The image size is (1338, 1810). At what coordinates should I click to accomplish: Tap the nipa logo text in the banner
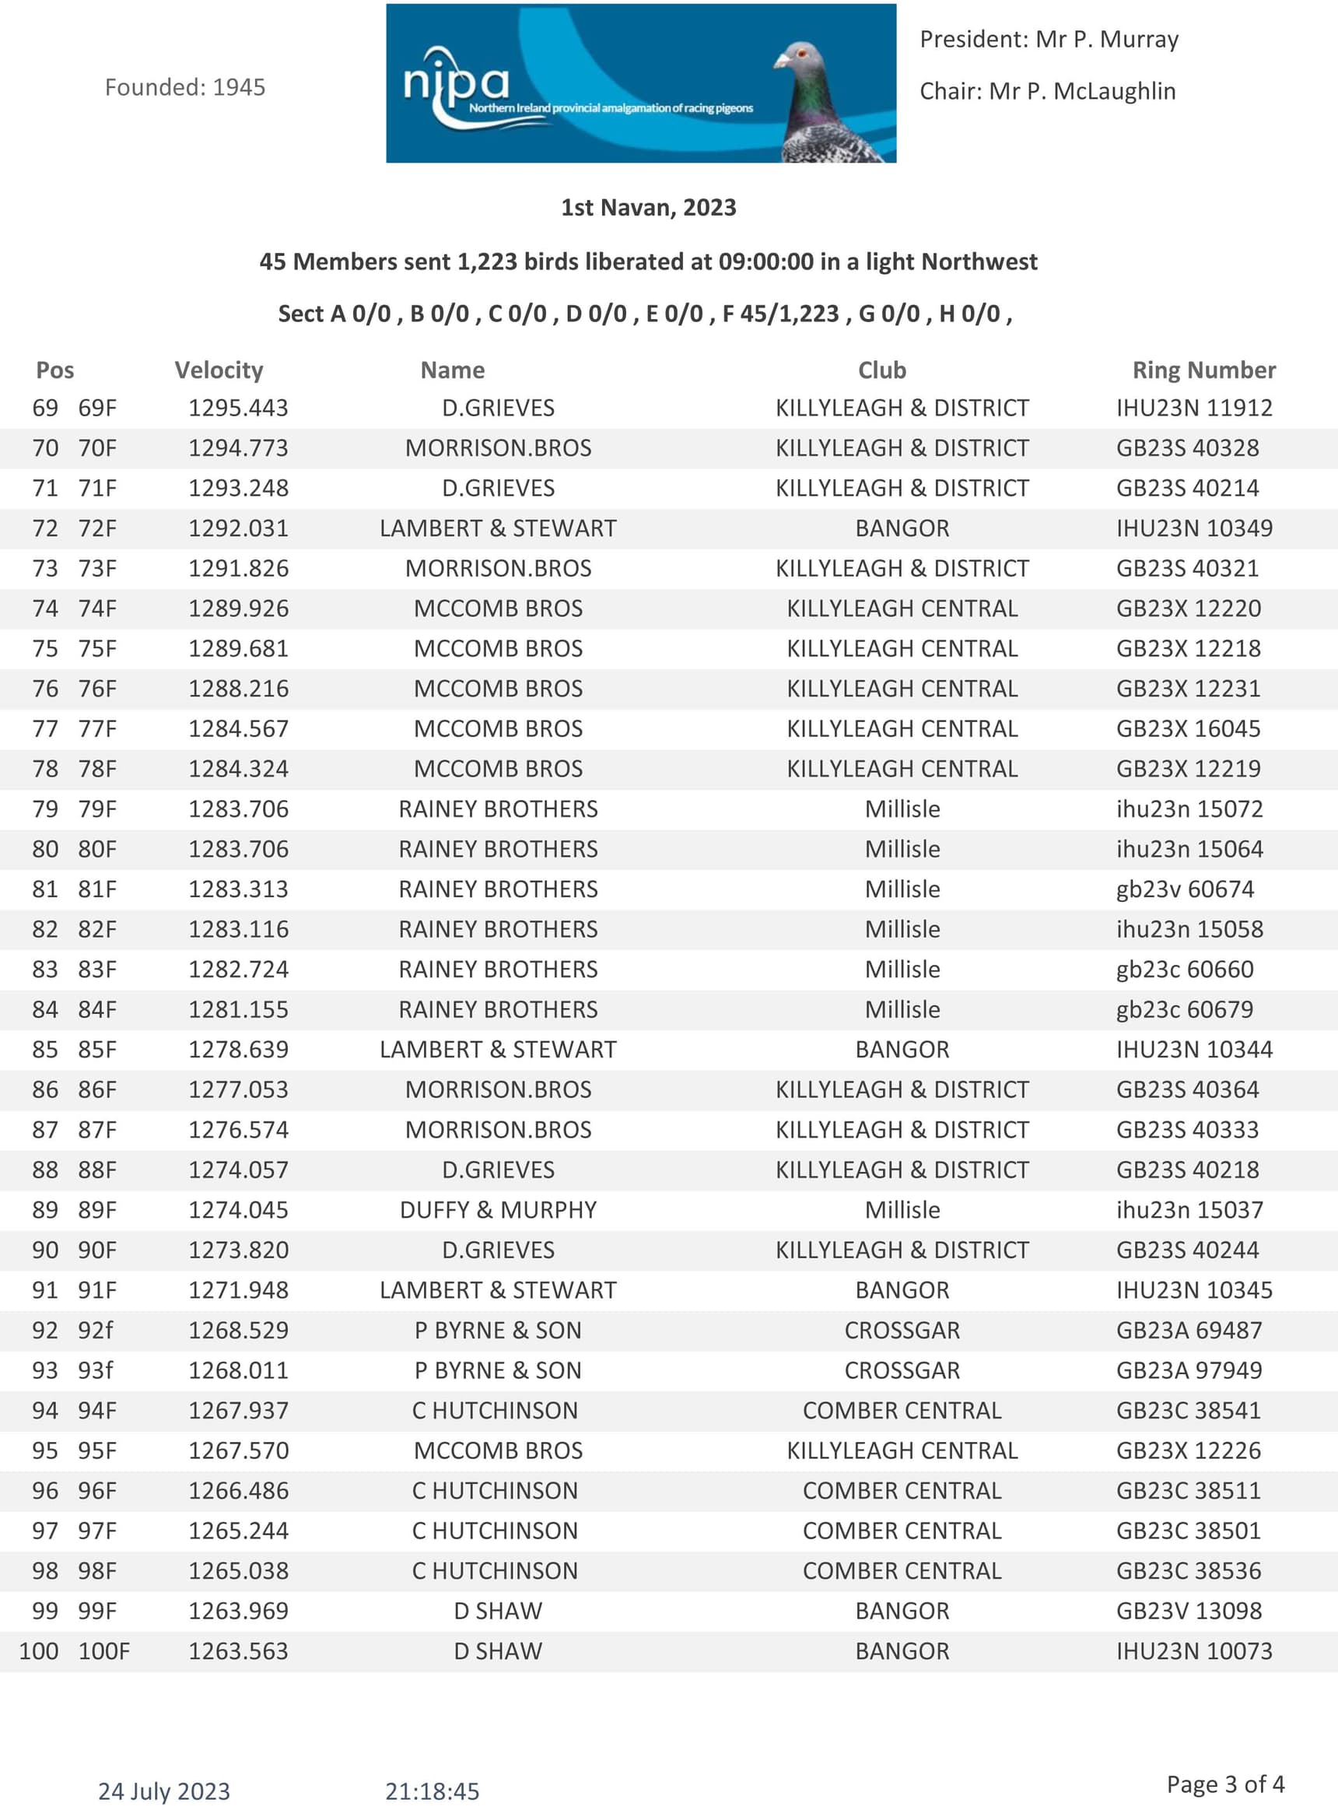tap(456, 81)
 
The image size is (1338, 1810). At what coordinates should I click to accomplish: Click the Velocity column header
tap(219, 370)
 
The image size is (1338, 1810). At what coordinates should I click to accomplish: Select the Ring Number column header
tap(1203, 370)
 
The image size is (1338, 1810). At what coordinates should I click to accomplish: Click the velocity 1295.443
tap(238, 408)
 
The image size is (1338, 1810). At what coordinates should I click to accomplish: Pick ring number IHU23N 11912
tap(1194, 408)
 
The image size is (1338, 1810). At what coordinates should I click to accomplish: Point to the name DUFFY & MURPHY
tap(498, 1209)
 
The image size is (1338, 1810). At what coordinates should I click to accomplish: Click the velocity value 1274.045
tap(238, 1209)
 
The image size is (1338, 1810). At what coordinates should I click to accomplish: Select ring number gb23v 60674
tap(1185, 889)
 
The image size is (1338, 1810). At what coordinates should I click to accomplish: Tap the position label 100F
tap(103, 1650)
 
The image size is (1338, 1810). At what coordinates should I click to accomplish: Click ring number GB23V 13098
tap(1188, 1611)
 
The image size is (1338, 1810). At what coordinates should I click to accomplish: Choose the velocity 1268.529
tap(238, 1330)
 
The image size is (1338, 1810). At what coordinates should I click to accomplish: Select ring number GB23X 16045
tap(1188, 728)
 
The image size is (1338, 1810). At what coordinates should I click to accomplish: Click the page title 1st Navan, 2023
tap(649, 208)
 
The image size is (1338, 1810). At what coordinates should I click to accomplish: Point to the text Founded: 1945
tap(184, 87)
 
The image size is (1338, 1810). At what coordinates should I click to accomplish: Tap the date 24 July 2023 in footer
tap(164, 1791)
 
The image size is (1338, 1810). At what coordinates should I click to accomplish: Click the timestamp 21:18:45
tap(432, 1791)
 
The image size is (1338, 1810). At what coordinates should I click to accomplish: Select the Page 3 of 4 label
tap(1224, 1784)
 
